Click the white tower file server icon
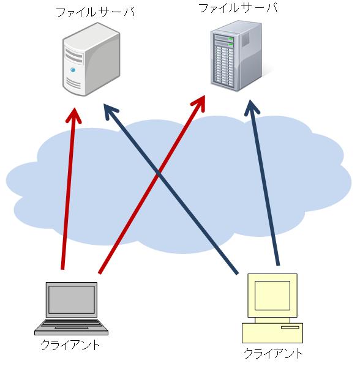tap(91, 59)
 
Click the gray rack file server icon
tap(236, 56)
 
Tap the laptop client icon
tap(72, 308)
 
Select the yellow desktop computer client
tap(272, 308)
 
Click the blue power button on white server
tap(73, 70)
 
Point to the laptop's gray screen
tap(72, 300)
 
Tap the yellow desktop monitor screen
tap(272, 296)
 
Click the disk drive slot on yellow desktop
tap(290, 327)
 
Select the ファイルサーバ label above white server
tap(96, 12)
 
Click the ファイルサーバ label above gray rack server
tap(238, 8)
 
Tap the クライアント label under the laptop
tap(70, 345)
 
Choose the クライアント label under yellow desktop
tap(273, 354)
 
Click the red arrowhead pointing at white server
tap(74, 115)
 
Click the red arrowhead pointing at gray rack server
tap(199, 103)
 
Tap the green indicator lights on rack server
tap(230, 42)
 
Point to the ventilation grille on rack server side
tap(246, 39)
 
